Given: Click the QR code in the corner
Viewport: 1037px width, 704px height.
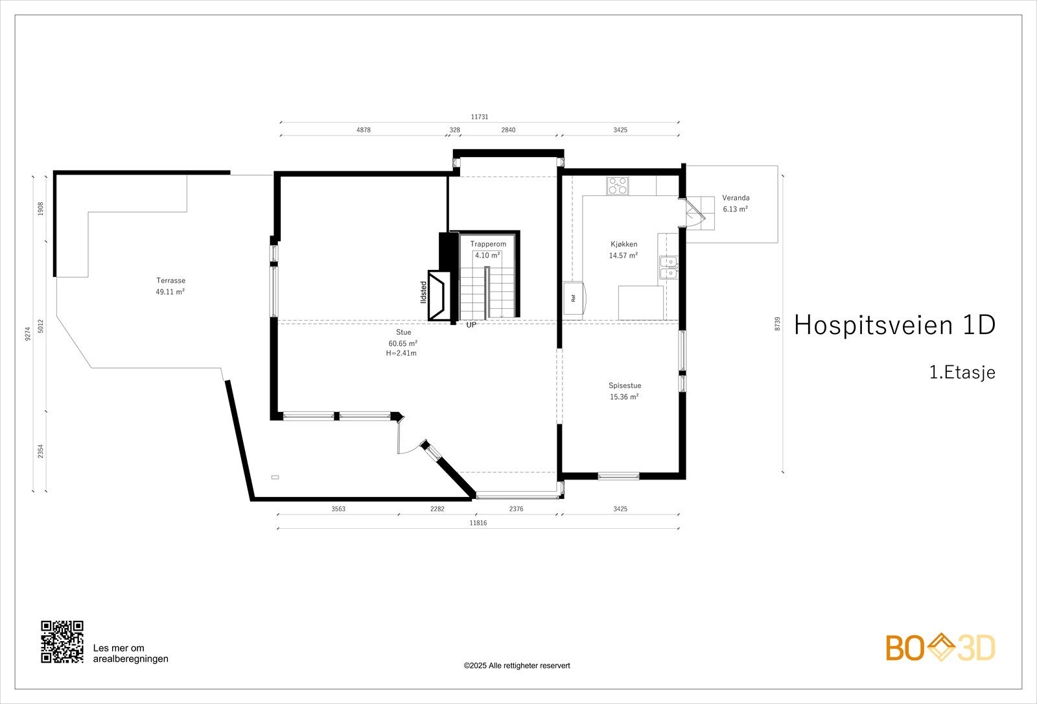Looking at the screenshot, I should coord(62,642).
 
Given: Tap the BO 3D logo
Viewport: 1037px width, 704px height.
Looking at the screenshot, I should coord(940,648).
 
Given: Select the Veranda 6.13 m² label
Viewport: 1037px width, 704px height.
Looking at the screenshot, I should coord(736,203).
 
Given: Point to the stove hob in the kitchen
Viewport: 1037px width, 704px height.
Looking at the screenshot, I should coord(617,186).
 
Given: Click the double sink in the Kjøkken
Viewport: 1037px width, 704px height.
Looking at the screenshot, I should coord(668,267).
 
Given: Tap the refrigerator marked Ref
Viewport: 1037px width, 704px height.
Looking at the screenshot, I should coord(574,298).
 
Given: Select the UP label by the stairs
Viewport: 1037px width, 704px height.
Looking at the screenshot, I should coord(471,324).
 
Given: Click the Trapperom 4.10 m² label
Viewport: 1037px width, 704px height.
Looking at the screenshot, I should coord(488,249).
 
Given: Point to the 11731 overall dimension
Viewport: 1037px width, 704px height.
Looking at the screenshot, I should coord(480,117).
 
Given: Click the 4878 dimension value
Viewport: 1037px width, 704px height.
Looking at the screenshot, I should coord(364,130).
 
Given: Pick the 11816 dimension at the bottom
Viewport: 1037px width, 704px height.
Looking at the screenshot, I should coord(478,523).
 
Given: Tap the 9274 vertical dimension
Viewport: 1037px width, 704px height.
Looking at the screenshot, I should coord(28,334).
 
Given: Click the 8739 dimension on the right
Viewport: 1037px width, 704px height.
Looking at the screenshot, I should coord(777,324).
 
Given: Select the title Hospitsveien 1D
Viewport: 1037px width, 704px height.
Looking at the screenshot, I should coord(894,325).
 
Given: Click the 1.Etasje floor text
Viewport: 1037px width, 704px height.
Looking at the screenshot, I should coord(962,372).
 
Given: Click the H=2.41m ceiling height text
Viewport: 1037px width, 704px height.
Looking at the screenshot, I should coord(401,353).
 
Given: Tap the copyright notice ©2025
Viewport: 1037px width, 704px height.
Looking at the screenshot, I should coord(517,666).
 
